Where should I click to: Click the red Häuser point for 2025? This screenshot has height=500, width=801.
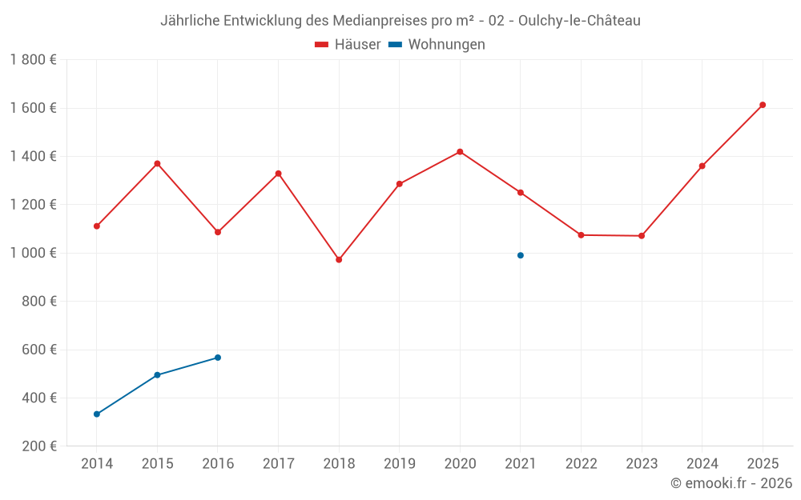(x=763, y=105)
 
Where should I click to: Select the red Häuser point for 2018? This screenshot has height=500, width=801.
(x=339, y=260)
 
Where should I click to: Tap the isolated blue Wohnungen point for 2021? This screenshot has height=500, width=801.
(x=521, y=255)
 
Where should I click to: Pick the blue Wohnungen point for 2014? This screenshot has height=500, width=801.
(x=97, y=414)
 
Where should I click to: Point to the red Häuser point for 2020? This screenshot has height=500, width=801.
(x=460, y=151)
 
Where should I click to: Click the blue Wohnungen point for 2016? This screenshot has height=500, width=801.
(x=218, y=358)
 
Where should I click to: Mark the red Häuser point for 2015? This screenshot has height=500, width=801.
(x=157, y=163)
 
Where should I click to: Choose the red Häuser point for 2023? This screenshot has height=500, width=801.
(x=642, y=236)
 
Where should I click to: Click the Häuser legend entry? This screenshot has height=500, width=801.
(x=348, y=45)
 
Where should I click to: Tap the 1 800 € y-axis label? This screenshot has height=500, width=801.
(x=33, y=60)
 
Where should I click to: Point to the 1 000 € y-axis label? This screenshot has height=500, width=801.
(x=33, y=253)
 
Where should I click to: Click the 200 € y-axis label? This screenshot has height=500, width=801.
(x=38, y=446)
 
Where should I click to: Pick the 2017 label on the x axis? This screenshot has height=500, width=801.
(x=278, y=464)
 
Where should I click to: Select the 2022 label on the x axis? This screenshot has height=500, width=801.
(x=581, y=464)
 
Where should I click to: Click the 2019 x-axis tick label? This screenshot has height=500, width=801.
(x=399, y=464)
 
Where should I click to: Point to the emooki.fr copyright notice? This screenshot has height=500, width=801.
(x=731, y=483)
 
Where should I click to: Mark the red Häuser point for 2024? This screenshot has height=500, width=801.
(x=702, y=166)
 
